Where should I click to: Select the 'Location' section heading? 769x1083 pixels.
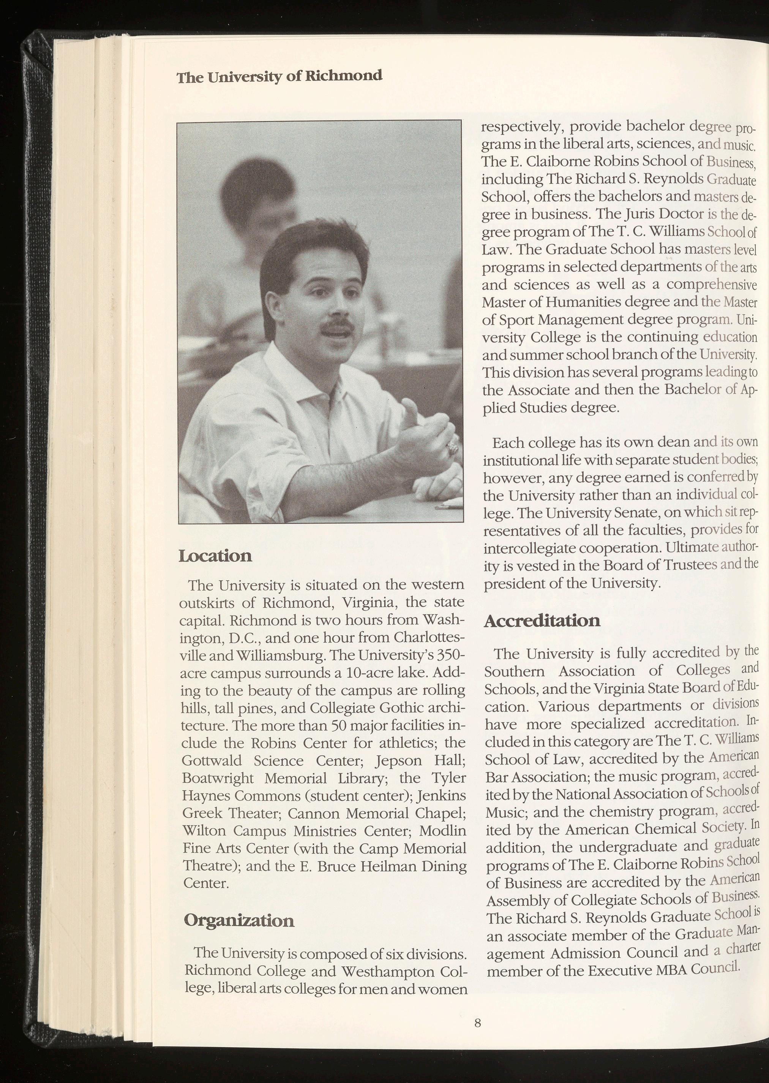215,555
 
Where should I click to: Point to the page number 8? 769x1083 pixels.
477,1020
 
